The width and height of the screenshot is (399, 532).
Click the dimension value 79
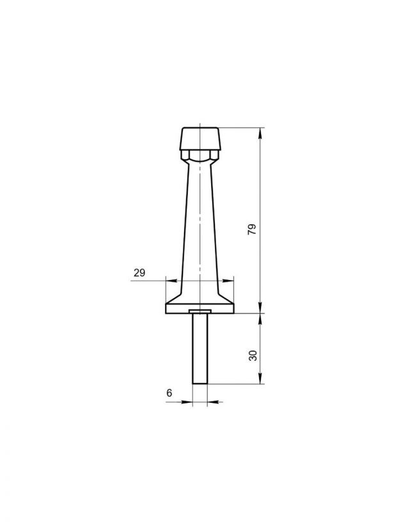coord(252,230)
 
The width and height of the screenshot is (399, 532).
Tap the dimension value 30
coord(253,356)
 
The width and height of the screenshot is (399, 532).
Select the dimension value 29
coord(139,272)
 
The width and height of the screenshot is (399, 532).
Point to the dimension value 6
coord(169,393)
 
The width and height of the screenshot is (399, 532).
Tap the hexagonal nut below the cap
coord(200,155)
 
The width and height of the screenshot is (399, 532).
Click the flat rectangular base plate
coord(200,308)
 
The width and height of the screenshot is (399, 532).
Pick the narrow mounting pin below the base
coord(200,348)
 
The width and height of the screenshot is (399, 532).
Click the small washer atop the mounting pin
coord(200,311)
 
